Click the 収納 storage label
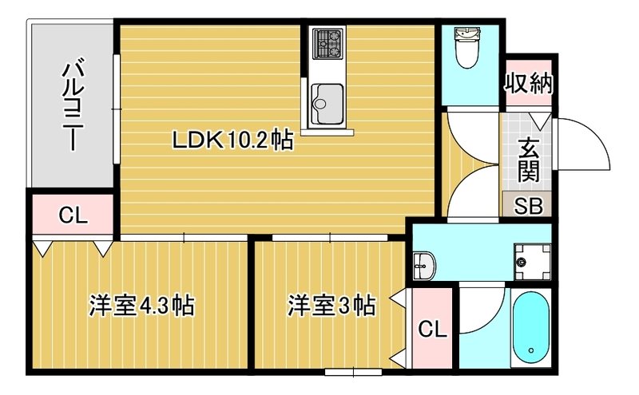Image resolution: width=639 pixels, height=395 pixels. (x=529, y=82)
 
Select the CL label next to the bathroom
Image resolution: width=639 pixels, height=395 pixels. (x=432, y=328)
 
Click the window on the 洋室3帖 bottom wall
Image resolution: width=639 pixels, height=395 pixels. (x=352, y=371)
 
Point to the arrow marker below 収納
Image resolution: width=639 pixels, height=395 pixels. (x=540, y=120)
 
